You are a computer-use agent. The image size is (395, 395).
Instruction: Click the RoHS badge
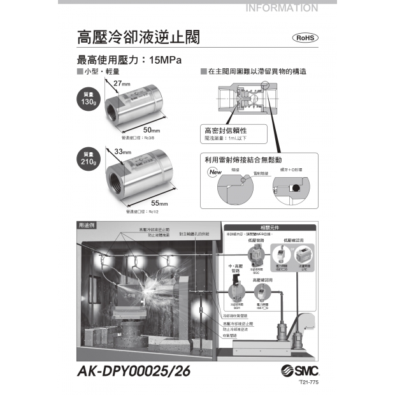(x=305, y=38)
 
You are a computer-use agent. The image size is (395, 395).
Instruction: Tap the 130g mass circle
(x=89, y=99)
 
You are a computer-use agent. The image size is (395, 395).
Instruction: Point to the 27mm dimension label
(x=122, y=83)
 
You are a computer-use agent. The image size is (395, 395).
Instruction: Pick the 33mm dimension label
(x=122, y=152)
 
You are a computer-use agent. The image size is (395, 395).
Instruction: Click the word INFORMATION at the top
(x=281, y=8)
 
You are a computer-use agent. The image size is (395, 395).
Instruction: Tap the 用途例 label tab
(x=86, y=226)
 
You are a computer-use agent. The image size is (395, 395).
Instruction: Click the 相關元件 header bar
(x=269, y=227)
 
